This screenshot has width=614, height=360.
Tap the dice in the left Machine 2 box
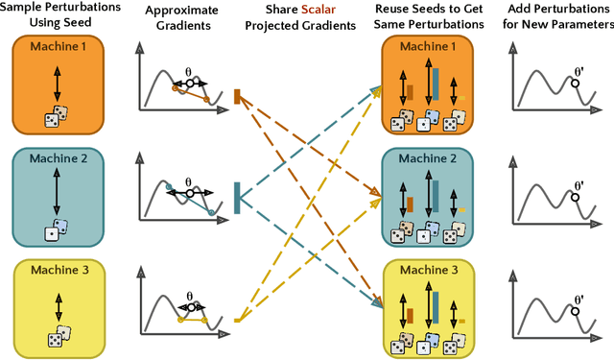[58, 229]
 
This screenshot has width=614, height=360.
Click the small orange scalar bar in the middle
[237, 95]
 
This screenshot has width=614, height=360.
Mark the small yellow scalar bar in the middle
[237, 320]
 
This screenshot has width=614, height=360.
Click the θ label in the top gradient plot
[189, 70]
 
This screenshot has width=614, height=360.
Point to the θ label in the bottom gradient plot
[189, 296]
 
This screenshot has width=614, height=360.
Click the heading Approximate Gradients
[179, 16]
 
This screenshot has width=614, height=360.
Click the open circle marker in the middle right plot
[576, 197]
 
